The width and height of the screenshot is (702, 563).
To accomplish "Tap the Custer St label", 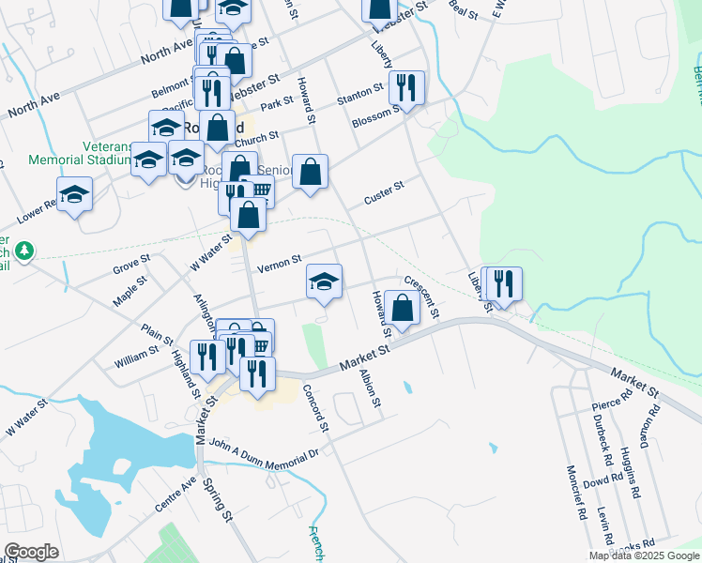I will (383, 192).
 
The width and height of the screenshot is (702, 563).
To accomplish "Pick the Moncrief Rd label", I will (574, 493).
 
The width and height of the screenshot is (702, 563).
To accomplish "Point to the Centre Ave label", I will (175, 494).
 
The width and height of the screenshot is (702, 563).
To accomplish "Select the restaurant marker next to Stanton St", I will (406, 87).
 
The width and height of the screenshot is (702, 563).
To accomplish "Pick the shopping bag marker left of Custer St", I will (310, 172).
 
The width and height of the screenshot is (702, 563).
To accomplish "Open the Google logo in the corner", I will (31, 552).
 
